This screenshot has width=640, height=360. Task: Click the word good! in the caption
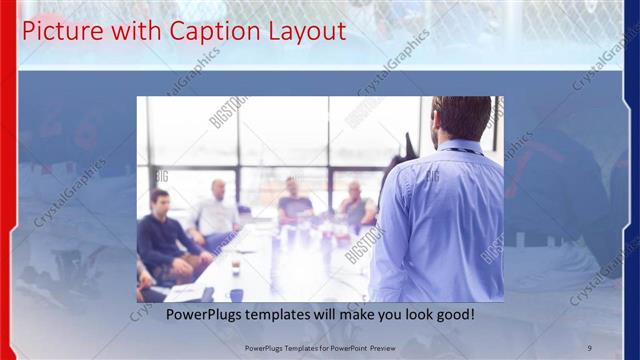[x=455, y=315]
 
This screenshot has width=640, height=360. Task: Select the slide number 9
[x=589, y=347]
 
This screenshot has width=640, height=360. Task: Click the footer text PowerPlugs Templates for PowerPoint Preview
[x=320, y=347]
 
